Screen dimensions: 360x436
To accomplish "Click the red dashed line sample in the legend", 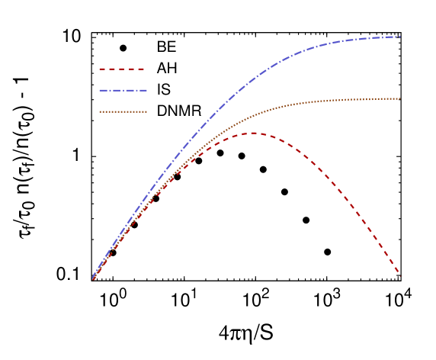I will [122, 69].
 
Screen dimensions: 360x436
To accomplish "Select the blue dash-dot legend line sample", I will [122, 91].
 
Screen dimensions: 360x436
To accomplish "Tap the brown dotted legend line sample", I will [122, 112].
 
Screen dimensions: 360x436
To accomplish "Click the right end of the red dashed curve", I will [400, 275].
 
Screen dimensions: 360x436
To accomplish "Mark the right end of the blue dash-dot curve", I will [400, 37].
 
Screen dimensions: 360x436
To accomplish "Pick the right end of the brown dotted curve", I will [400, 98].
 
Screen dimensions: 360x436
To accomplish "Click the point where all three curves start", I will [93, 278].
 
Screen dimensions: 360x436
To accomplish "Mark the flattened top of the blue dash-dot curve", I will [366, 38].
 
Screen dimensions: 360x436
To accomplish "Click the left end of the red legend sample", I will [100, 69].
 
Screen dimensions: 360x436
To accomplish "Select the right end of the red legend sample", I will [145, 69].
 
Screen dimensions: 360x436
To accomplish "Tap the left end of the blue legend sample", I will [100, 91].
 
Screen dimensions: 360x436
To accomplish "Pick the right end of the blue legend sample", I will [146, 91].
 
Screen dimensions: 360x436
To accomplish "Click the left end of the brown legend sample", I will [100, 112].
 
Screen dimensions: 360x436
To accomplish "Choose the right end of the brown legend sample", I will [146, 112].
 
